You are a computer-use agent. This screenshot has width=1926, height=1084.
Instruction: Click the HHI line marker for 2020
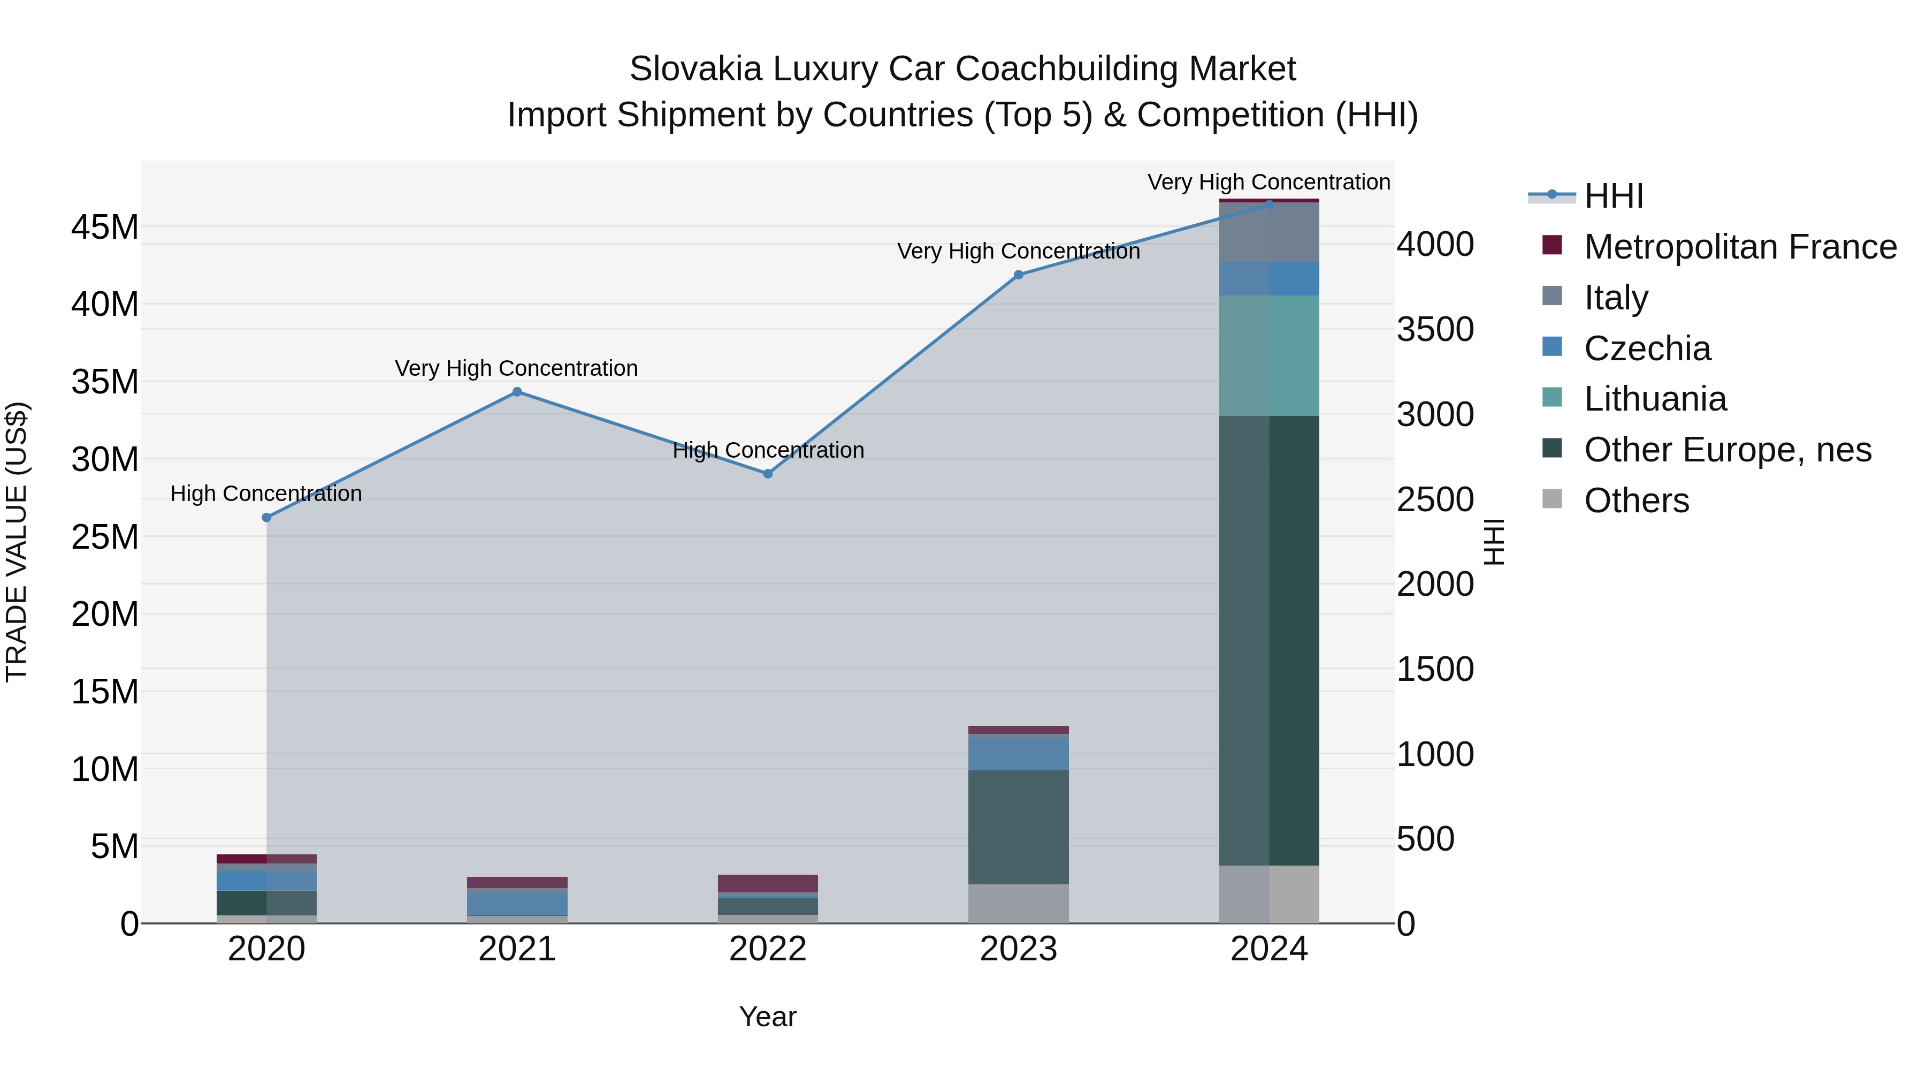[267, 518]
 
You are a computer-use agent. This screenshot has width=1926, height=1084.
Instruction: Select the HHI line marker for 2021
[517, 392]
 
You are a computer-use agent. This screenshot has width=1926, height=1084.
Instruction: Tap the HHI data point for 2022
[768, 474]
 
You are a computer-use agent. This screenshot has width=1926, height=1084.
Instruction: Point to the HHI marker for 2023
[1018, 275]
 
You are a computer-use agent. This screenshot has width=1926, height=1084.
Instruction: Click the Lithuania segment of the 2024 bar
[1269, 355]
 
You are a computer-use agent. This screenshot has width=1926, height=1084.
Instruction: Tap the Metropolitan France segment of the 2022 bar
[768, 883]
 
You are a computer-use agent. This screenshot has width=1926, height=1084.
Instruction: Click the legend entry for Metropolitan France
[1739, 247]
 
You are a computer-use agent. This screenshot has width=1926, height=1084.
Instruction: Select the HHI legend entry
[1614, 196]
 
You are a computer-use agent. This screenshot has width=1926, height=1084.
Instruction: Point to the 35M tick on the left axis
[105, 382]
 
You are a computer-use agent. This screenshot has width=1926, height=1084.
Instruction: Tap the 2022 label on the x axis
[768, 949]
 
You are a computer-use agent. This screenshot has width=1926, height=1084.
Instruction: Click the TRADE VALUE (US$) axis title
[17, 542]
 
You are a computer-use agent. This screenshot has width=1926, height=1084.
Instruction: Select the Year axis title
[768, 1017]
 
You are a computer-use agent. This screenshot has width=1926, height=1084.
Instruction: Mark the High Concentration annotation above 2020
[266, 494]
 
